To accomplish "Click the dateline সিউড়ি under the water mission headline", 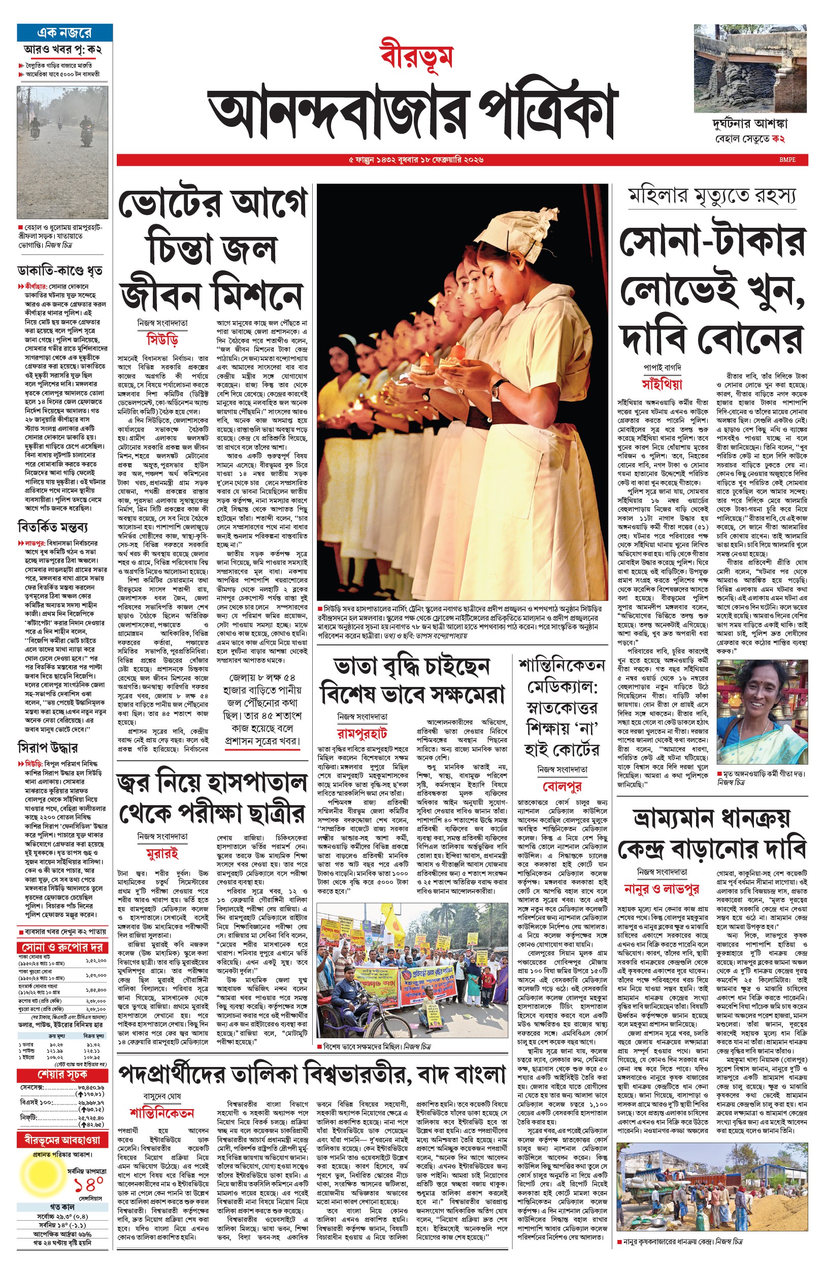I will click(162, 339).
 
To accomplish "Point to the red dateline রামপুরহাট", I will click(362, 732).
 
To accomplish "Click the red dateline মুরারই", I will click(162, 853).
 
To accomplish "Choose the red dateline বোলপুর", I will click(562, 786).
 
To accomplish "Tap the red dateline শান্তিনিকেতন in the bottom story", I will click(162, 1113).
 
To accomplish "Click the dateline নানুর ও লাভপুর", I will click(662, 888).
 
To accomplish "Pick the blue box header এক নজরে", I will click(64, 32).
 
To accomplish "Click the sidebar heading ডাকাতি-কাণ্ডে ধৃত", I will click(59, 271).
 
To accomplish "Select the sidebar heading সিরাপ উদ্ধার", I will click(48, 747).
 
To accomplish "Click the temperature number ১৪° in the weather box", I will click(88, 1184).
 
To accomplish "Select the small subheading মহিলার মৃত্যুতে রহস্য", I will click(712, 195).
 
